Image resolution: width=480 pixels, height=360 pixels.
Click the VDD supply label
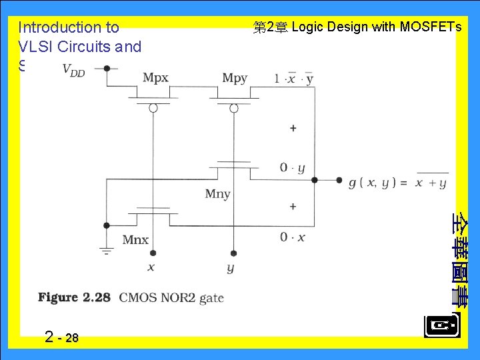coord(73,69)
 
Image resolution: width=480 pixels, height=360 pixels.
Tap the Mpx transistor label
coord(155,78)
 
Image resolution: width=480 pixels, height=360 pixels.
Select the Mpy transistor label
coord(235,78)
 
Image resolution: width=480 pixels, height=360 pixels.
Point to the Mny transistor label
coord(217,194)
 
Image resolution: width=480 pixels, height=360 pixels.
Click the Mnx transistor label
coord(135,240)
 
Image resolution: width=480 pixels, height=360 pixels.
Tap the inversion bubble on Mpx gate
coord(153,108)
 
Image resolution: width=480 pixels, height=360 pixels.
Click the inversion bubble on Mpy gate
coord(233,108)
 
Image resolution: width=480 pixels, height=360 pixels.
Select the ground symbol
coord(107,251)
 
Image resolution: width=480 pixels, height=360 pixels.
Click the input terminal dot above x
coord(153,253)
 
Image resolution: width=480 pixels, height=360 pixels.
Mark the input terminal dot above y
coord(233,253)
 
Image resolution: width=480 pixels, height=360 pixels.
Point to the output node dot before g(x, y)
coord(315,179)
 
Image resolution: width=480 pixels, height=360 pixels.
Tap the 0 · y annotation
coord(292,168)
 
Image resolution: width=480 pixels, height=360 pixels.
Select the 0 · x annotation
coord(292,237)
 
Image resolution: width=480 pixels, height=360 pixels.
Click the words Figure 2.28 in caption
coord(74,297)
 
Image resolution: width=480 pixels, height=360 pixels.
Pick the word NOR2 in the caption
coord(180,297)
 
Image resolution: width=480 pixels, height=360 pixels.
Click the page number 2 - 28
coord(61,337)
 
